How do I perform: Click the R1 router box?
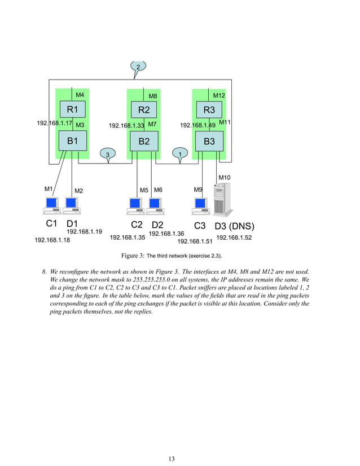(x=73, y=109)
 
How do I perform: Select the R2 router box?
(x=144, y=109)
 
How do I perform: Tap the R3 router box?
(x=209, y=109)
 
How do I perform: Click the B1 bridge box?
(x=73, y=141)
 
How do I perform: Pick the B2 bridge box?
(x=144, y=142)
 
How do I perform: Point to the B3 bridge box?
(x=209, y=141)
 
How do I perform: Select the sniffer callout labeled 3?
(x=107, y=154)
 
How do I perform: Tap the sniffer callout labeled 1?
(x=179, y=154)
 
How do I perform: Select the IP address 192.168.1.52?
(x=234, y=238)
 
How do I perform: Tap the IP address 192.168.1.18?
(x=52, y=240)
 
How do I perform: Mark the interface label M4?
(x=80, y=94)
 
